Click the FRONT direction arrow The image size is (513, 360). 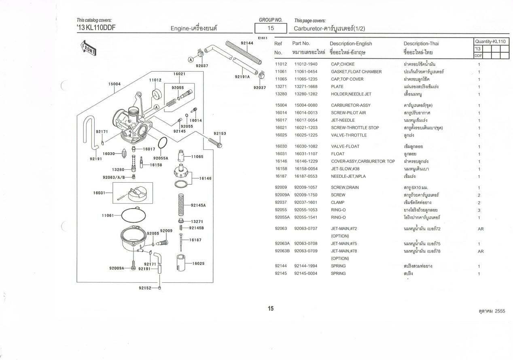(x=89, y=48)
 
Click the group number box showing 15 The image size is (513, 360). (x=271, y=28)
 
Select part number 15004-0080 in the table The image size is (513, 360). (x=306, y=105)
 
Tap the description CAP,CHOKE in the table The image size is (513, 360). (x=343, y=64)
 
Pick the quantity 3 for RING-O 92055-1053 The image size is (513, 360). (x=479, y=210)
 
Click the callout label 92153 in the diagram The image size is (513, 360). (x=220, y=134)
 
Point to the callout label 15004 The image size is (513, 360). (x=114, y=84)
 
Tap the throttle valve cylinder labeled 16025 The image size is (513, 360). (x=181, y=262)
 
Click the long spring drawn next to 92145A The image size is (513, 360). (x=181, y=204)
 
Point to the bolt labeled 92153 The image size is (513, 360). (x=215, y=143)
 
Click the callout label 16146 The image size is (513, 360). (x=206, y=178)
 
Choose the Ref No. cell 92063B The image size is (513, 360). (x=282, y=251)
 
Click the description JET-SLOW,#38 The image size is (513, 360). (x=345, y=169)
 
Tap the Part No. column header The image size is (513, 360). (x=301, y=43)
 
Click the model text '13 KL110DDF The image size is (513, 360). (x=96, y=28)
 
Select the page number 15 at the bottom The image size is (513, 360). (x=271, y=309)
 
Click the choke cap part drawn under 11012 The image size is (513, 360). (x=157, y=94)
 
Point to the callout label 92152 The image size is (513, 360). (x=145, y=288)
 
